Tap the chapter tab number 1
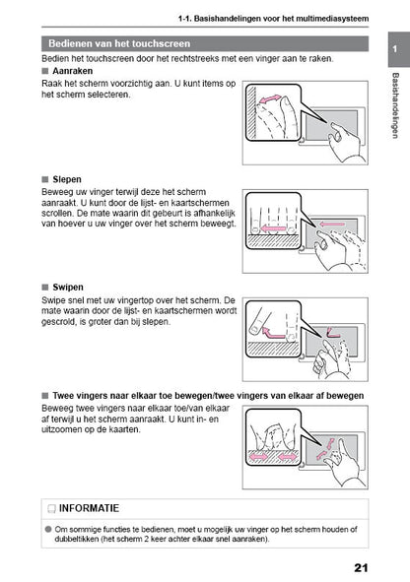(x=395, y=49)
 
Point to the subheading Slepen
(x=70, y=179)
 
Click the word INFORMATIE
(x=90, y=509)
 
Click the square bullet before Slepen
(x=46, y=180)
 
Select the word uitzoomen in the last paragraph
(x=68, y=430)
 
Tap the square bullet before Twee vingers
(x=46, y=395)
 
